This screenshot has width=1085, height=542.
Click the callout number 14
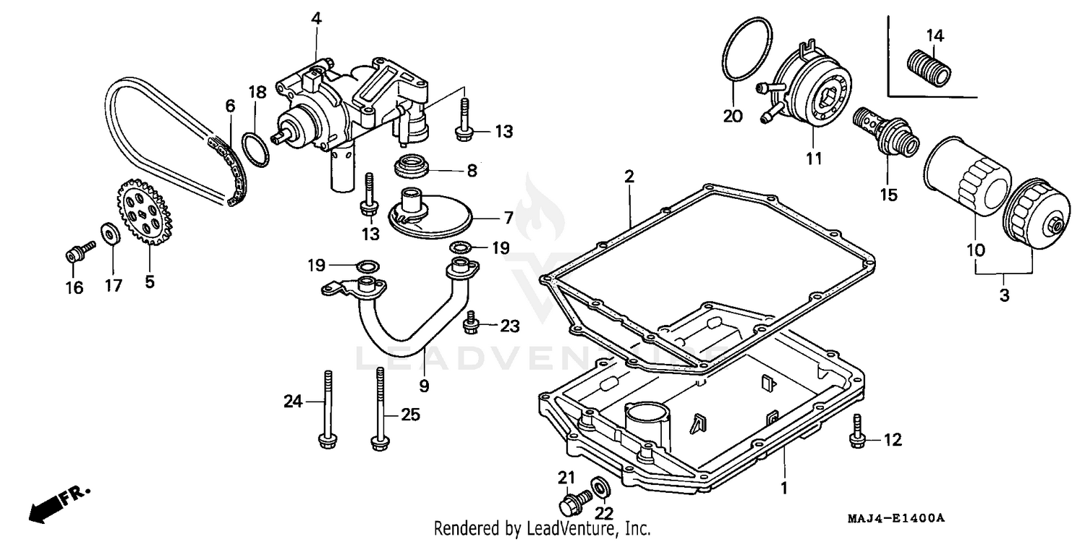(935, 35)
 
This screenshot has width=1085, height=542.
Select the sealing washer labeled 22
(600, 487)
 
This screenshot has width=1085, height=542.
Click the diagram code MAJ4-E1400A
(897, 519)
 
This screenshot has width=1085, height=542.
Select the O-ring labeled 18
(255, 148)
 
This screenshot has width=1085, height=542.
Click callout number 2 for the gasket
(629, 175)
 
